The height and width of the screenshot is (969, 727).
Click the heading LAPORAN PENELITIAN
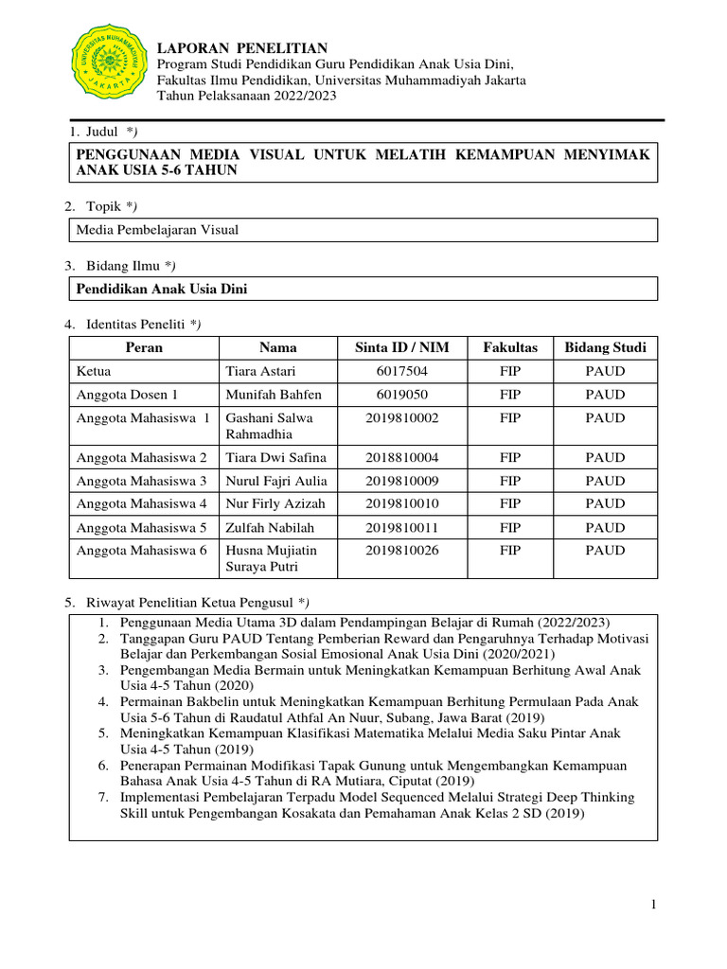(241, 48)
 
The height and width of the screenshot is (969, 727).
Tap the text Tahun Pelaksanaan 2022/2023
(246, 96)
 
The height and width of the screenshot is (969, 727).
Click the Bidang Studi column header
(605, 347)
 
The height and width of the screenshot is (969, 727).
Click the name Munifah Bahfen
(274, 395)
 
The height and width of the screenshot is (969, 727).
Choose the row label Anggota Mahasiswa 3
(141, 481)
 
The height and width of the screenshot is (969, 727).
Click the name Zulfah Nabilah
(270, 527)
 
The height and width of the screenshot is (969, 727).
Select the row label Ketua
(95, 371)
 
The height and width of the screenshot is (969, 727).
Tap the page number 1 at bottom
(653, 906)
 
